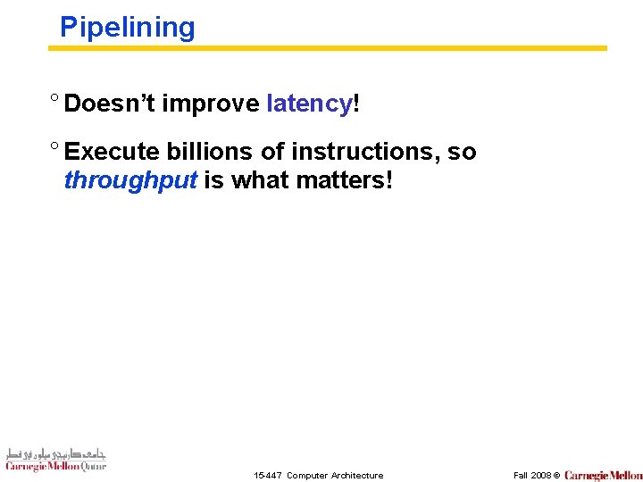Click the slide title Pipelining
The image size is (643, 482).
tap(127, 28)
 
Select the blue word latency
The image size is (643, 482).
tap(309, 104)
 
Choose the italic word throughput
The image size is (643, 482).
tap(130, 180)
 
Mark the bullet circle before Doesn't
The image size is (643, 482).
tap(54, 100)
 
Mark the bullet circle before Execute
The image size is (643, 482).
tap(54, 149)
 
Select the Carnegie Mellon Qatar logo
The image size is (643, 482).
tap(55, 465)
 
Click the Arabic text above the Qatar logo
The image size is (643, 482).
tap(55, 452)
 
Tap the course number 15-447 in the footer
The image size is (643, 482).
tap(267, 476)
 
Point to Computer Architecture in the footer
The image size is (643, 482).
tap(335, 476)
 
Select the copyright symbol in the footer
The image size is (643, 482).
tap(555, 476)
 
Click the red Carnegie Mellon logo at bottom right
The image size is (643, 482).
tap(603, 475)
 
